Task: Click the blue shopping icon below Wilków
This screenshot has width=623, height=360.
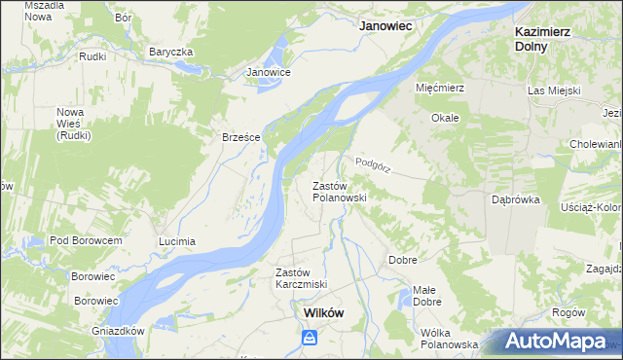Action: (309, 338)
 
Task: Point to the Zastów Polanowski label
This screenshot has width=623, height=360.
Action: (338, 191)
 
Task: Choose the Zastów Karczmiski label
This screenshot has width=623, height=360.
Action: (301, 277)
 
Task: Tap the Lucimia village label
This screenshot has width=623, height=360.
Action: (177, 240)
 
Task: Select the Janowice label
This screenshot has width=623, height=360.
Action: (269, 72)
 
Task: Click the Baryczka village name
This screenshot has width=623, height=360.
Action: (171, 52)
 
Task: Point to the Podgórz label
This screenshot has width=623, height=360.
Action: (373, 164)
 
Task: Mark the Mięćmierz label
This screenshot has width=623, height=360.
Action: (443, 88)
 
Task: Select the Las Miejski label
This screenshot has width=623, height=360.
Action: (554, 90)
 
